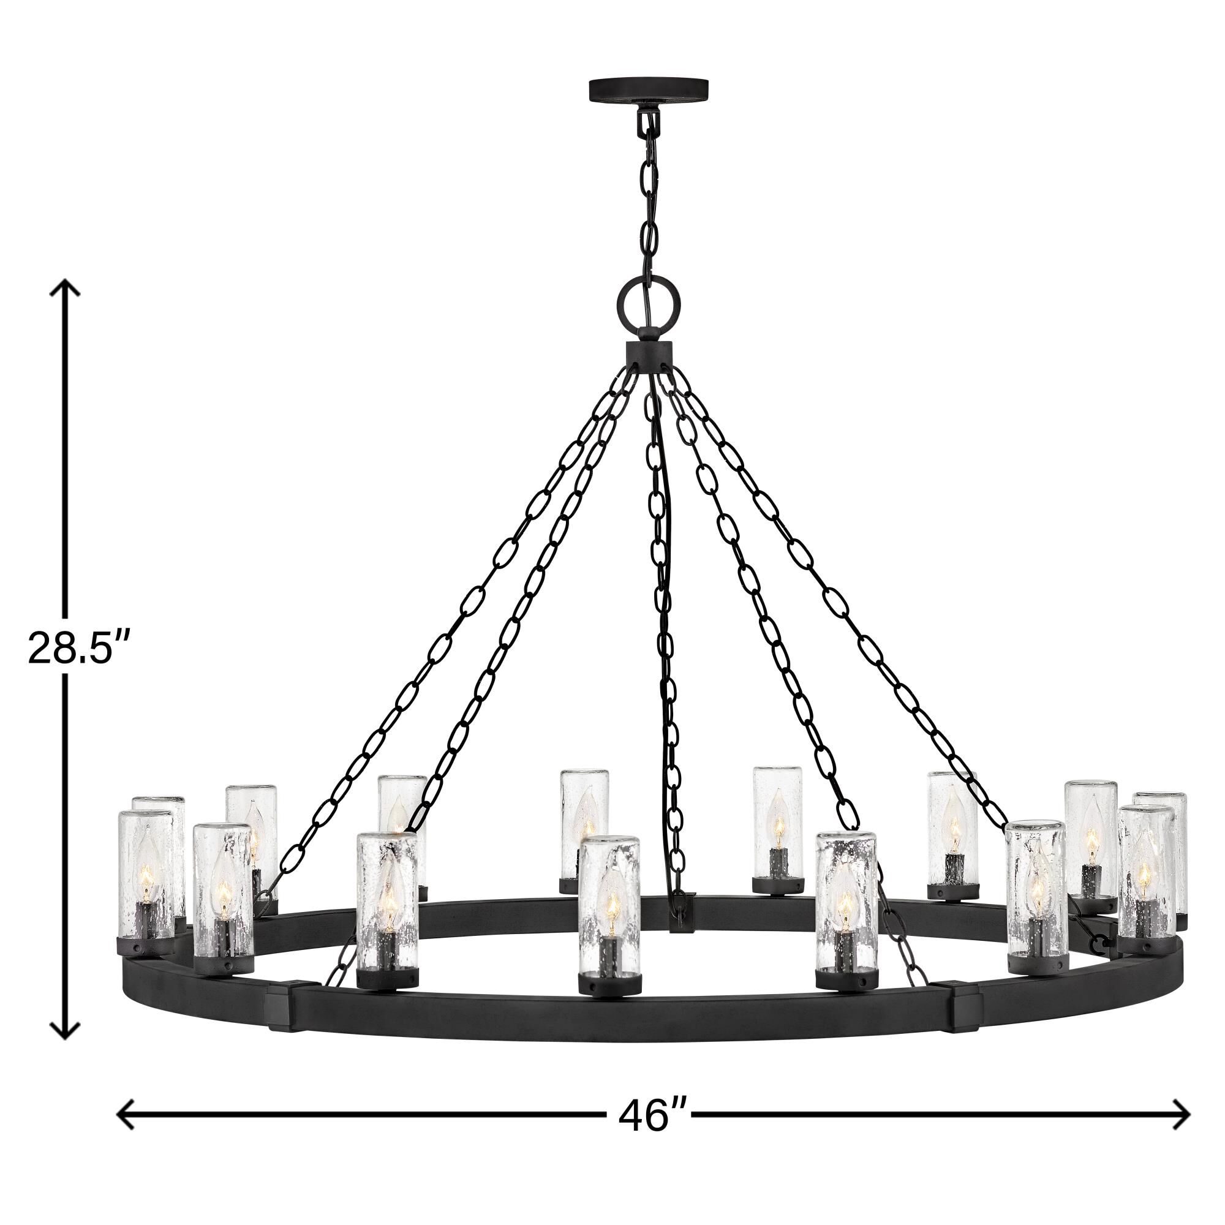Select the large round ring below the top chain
649,300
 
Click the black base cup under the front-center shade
609,984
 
